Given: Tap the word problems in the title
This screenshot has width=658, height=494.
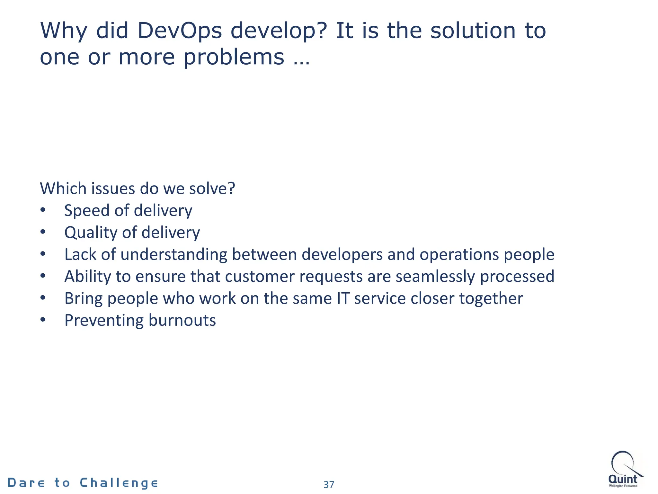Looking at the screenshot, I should coord(234,57).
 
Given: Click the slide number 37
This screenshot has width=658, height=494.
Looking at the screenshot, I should coord(329,484).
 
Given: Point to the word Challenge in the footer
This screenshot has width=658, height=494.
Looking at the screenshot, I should coord(119,483).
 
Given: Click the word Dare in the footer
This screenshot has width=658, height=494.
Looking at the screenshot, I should coord(26,483).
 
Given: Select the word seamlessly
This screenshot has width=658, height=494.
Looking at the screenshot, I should coord(435,277).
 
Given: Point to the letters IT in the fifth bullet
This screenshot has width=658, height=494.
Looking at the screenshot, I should coord(343,298).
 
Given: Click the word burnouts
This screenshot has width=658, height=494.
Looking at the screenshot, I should coord(182,320).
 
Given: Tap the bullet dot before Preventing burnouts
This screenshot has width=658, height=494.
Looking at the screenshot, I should coord(43,320).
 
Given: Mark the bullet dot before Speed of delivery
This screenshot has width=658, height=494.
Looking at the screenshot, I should coord(43,210).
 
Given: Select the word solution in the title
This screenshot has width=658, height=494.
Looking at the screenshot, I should coord(473,31).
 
